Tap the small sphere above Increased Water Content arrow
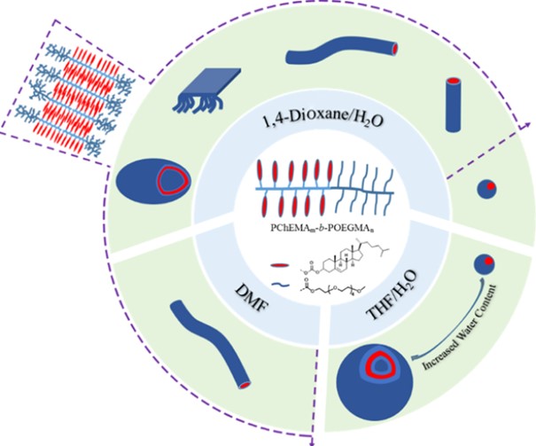tap(484, 264)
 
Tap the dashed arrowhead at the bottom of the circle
tap(315, 435)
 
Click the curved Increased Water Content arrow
tap(443, 350)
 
